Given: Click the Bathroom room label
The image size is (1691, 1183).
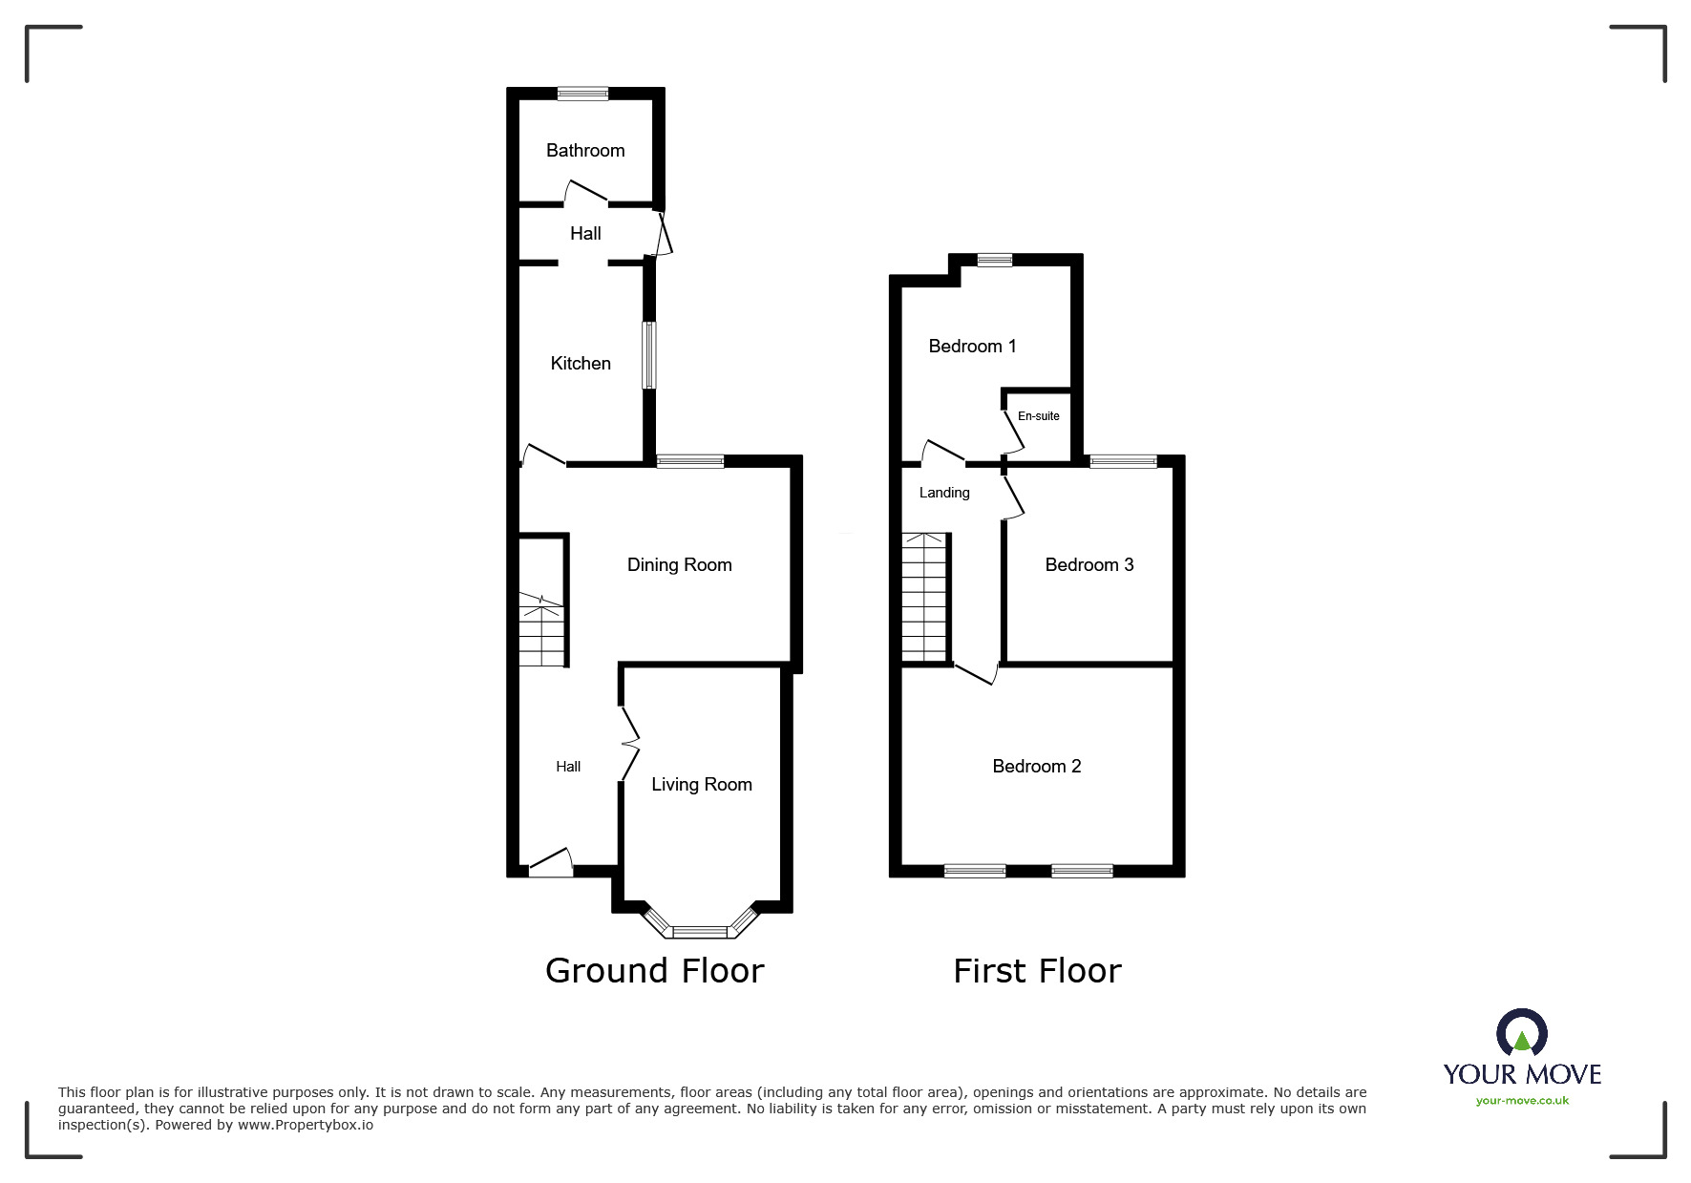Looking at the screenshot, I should tap(585, 150).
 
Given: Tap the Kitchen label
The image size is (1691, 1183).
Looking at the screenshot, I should tap(581, 363).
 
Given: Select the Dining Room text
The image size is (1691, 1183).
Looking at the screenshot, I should tap(679, 564).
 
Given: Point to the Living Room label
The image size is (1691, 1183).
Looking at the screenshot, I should tap(702, 784).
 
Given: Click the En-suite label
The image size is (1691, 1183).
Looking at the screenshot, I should tap(1038, 415).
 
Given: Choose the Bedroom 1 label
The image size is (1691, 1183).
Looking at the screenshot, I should tap(972, 346).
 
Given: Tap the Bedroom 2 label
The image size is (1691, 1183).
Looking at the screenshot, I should tap(1036, 766).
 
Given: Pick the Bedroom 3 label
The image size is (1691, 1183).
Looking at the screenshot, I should tap(1089, 564).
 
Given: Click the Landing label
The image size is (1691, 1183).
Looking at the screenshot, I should tap(944, 493).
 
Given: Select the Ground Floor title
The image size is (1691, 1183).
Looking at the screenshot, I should tap(654, 970).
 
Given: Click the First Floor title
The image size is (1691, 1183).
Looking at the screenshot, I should tap(1037, 971).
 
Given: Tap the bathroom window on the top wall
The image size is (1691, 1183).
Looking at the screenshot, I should tap(582, 94).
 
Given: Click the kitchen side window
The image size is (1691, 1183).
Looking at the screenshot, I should tap(649, 354).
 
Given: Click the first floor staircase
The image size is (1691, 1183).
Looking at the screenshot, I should tap(924, 597).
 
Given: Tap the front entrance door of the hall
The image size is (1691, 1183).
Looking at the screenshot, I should tap(550, 865).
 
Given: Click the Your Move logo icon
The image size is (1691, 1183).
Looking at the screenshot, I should tap(1521, 1035).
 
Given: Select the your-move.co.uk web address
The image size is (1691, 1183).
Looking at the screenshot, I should tap(1522, 1101).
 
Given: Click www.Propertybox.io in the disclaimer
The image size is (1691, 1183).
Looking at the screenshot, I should tap(306, 1125).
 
